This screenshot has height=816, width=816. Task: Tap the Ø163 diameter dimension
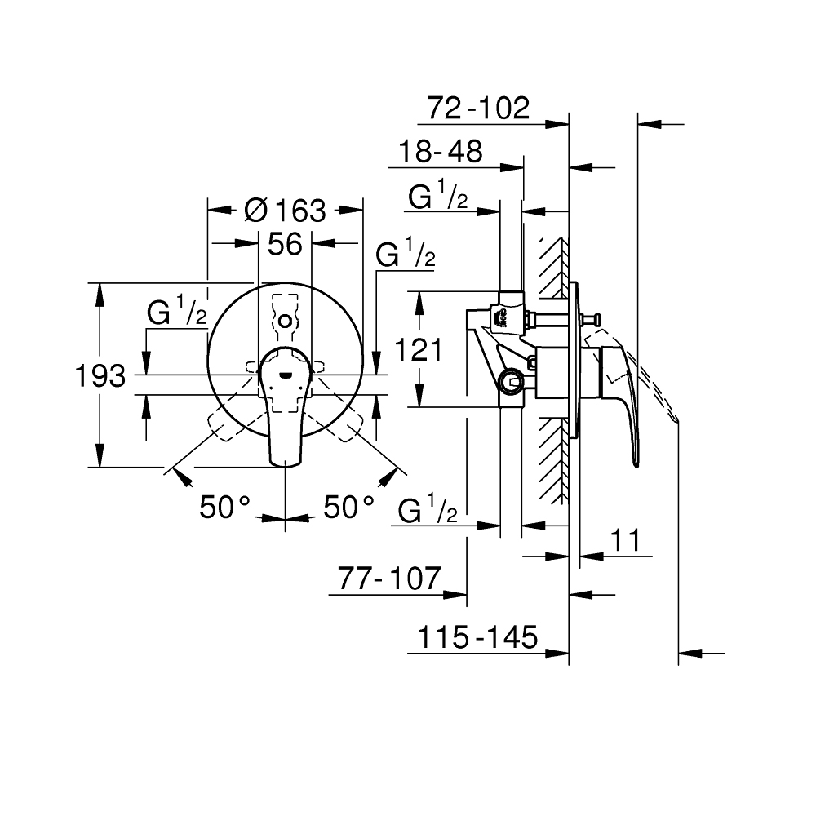tap(286, 211)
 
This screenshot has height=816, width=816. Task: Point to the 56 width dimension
tap(286, 243)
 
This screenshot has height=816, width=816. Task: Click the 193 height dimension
tap(100, 376)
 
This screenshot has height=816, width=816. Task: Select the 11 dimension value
tap(626, 540)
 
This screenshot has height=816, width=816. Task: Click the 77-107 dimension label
tap(388, 579)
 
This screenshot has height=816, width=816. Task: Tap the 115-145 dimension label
tap(477, 637)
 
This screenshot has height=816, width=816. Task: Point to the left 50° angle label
tap(224, 507)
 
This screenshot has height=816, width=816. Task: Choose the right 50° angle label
tap(348, 507)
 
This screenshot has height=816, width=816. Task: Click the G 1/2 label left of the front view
tap(176, 313)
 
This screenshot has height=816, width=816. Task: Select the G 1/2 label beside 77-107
tap(428, 512)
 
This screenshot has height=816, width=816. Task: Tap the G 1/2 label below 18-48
tap(438, 197)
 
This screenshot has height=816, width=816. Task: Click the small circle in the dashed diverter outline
tap(285, 322)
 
